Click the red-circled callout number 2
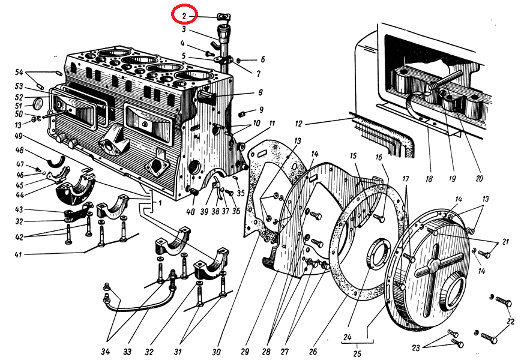click(x=185, y=14)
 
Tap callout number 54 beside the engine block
click(x=19, y=73)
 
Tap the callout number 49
click(x=19, y=136)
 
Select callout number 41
click(x=19, y=256)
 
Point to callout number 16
click(x=379, y=157)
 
